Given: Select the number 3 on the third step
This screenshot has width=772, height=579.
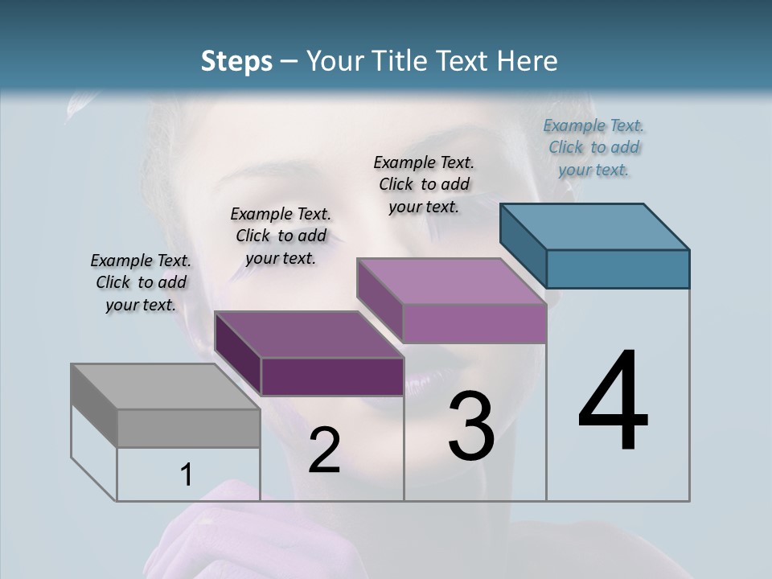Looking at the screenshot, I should pos(471,426).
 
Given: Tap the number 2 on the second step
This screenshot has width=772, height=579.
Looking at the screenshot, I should pos(324,450).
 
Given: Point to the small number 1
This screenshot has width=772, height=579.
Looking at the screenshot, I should pos(186,475).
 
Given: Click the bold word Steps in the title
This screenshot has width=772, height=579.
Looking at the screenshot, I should pos(236,61).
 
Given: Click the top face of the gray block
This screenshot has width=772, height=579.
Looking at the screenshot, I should pos(165,387).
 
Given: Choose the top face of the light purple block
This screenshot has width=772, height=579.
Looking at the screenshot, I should pos(452,281).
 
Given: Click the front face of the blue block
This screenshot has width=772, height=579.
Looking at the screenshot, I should pos(618,269).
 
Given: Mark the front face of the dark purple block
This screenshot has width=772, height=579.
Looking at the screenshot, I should pos(332,376).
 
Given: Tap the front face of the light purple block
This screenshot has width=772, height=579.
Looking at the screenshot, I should pos(474,322).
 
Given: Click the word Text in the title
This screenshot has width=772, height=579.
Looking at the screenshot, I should pos(466,61).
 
